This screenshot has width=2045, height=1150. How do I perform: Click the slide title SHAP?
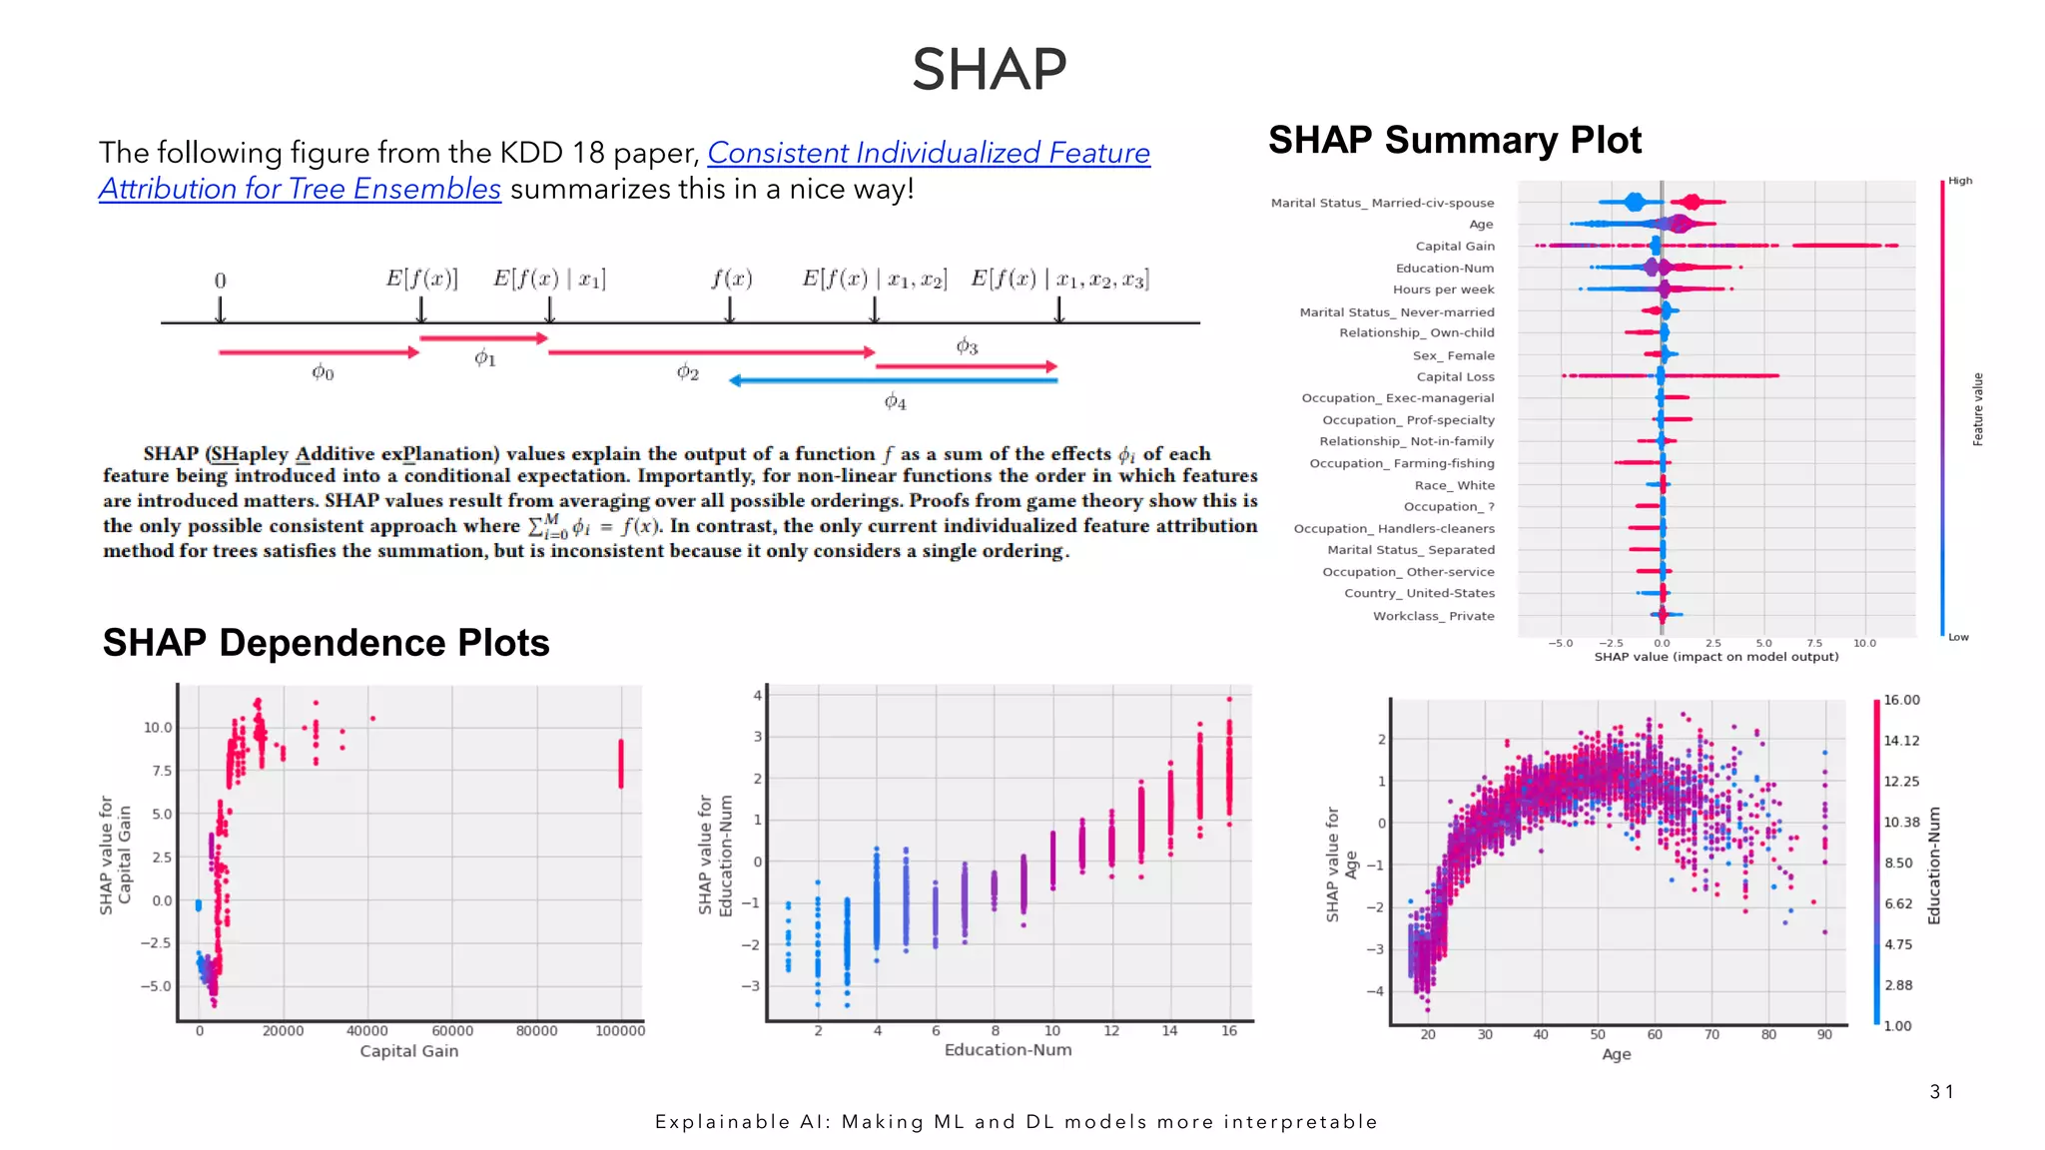pos(989,70)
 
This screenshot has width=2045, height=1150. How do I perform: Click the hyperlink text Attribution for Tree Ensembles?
pos(300,189)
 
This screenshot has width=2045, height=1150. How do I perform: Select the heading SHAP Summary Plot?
pos(1454,141)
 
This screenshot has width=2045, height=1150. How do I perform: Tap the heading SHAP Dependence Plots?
pos(326,643)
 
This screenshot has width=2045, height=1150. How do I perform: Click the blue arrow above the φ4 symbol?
pos(893,380)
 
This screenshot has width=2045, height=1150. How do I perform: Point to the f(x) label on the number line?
pos(731,280)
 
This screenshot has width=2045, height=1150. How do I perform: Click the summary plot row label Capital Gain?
pos(1454,247)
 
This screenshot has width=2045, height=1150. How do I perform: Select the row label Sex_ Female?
pos(1453,355)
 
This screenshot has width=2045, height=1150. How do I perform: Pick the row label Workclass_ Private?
pos(1433,616)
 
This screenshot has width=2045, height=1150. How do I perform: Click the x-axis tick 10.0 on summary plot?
pos(1864,643)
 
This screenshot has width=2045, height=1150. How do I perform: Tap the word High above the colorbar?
pos(1960,181)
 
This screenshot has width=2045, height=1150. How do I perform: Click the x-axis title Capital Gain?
pos(408,1051)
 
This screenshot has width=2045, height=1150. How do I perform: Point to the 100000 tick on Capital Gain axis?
pos(619,1031)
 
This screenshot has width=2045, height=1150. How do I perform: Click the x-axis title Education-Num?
pos(1008,1050)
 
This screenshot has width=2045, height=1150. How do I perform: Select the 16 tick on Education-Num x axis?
pos(1228,1031)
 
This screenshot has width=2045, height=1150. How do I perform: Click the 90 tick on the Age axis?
pos(1824,1034)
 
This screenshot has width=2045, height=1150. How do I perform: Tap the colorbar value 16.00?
pos(1901,700)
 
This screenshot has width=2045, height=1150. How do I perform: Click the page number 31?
pos(1941,1092)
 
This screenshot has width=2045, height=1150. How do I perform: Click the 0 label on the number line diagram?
pos(220,282)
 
